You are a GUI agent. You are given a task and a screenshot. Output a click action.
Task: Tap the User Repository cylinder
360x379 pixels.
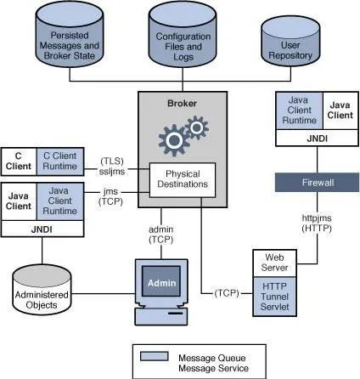[290, 42]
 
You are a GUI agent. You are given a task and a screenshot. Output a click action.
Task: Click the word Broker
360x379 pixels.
[182, 104]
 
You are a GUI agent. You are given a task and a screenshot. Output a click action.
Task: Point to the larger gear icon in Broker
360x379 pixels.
[173, 140]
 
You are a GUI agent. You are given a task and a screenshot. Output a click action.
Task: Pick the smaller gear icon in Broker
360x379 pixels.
[196, 127]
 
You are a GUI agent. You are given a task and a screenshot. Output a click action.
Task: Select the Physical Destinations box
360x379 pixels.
[183, 180]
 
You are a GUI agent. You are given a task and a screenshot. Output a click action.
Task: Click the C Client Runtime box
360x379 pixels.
[60, 161]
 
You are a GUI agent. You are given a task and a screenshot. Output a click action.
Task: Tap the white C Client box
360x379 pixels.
[19, 161]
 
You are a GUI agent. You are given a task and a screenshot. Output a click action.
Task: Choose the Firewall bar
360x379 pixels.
[318, 183]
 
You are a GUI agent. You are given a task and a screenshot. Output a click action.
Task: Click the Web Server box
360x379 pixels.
[274, 263]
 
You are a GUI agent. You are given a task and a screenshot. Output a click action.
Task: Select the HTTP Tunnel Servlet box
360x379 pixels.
[274, 297]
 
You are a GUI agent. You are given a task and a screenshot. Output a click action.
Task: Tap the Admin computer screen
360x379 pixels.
[161, 281]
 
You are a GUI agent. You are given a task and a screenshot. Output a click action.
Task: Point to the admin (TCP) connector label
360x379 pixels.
[161, 235]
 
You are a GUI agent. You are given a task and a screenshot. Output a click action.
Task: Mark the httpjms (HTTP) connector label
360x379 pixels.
[317, 223]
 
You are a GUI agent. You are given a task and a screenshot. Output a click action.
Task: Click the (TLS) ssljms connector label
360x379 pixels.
[112, 167]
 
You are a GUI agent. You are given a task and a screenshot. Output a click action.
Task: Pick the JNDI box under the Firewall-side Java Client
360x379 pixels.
[317, 139]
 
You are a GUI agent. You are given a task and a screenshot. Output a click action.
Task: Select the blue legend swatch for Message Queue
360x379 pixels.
[155, 356]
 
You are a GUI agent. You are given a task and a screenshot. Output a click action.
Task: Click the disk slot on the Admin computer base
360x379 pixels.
[176, 314]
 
